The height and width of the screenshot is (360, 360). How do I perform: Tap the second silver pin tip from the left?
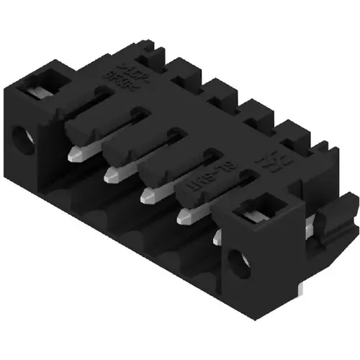click(x=112, y=173)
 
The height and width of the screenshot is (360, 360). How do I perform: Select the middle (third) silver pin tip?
click(x=148, y=193)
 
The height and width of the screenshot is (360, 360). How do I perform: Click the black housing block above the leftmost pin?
click(x=85, y=125)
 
